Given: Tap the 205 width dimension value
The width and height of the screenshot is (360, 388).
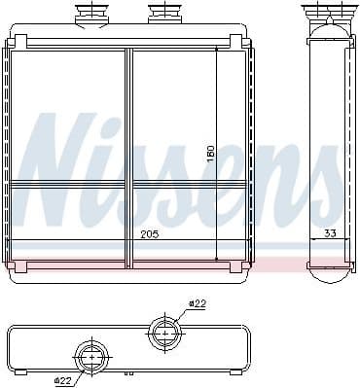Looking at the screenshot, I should pyautogui.click(x=149, y=234).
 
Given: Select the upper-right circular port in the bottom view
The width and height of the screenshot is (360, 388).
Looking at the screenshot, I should pyautogui.click(x=165, y=334).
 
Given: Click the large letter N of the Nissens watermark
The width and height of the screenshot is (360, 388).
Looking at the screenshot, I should pyautogui.click(x=68, y=165).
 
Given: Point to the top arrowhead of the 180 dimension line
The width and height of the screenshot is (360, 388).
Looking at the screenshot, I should pyautogui.click(x=215, y=53).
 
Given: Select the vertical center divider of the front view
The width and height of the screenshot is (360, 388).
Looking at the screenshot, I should pyautogui.click(x=128, y=156).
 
